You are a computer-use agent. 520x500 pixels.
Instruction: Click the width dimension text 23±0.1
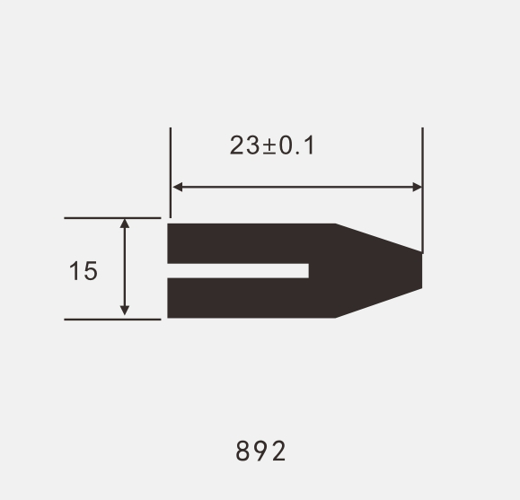272,145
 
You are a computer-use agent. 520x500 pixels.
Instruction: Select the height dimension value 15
83,270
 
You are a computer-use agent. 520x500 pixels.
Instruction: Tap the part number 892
260,451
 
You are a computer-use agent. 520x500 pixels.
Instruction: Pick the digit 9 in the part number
260,451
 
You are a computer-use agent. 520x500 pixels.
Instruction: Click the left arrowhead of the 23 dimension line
177,187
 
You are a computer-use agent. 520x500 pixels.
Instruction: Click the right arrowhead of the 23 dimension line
417,187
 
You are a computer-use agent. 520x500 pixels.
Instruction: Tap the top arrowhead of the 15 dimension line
125,223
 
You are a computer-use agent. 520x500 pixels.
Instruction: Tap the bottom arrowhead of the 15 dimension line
125,311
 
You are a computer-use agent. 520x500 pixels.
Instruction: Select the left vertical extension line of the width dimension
171,171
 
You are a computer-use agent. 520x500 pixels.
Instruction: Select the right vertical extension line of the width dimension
422,180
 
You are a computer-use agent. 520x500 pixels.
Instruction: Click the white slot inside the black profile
238,270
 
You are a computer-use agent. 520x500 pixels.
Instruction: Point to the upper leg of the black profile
242,242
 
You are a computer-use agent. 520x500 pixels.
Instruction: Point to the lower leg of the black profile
242,297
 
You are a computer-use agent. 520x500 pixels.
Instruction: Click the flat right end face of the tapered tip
421,270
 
